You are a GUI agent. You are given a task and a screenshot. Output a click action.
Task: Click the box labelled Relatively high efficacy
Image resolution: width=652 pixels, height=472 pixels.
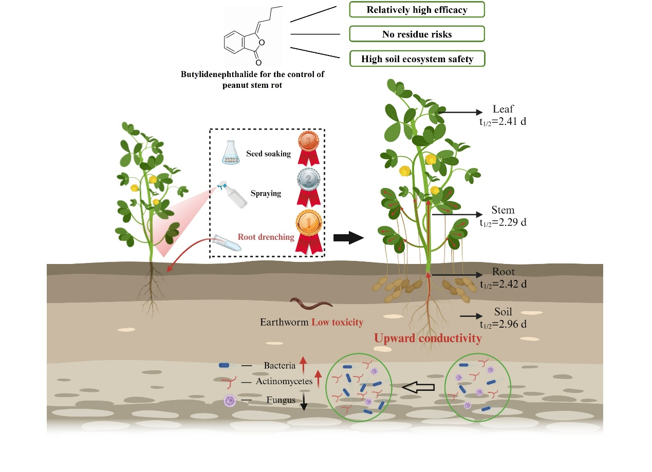(x=417, y=9)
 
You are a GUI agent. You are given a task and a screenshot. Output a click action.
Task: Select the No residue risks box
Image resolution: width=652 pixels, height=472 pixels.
(x=417, y=34)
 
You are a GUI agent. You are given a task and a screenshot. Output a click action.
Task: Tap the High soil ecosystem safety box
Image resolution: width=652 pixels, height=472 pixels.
(x=417, y=59)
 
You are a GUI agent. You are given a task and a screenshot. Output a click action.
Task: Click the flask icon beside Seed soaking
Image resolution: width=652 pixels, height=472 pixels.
(x=231, y=153)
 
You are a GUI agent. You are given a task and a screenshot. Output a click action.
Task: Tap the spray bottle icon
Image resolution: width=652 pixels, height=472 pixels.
(x=232, y=195)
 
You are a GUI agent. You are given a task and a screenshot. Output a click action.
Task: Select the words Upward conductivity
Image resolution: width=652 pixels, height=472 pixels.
(x=428, y=338)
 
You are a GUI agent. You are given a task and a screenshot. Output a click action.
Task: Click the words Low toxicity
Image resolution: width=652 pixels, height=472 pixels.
(x=337, y=323)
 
